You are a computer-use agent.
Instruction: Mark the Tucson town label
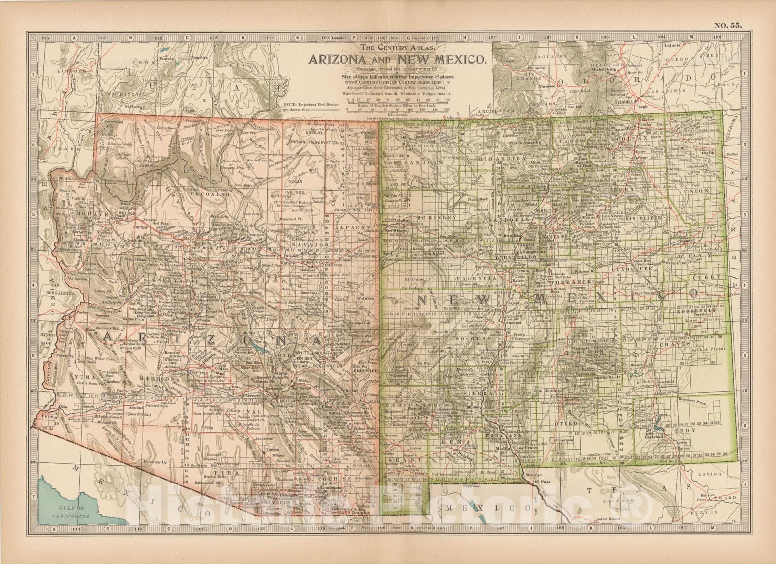click(270, 450)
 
